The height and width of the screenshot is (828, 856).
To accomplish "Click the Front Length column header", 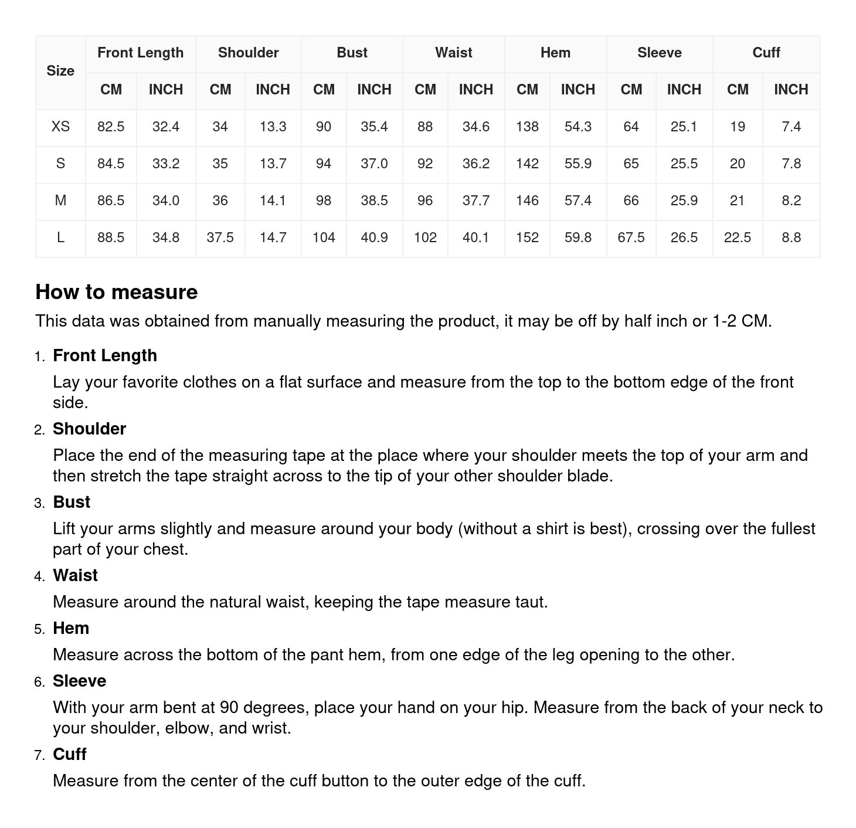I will (x=140, y=53).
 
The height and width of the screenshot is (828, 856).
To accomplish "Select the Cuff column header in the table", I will (x=766, y=53).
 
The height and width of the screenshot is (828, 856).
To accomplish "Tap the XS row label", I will (x=60, y=127).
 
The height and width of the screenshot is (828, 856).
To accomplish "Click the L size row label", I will (x=60, y=237).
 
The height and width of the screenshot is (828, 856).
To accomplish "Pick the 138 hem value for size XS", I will (x=527, y=127).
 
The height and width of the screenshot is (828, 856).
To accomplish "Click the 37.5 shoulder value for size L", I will (x=220, y=237).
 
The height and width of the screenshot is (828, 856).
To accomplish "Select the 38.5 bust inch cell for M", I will (x=374, y=201).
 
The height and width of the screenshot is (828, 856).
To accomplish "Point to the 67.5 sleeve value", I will (x=631, y=237).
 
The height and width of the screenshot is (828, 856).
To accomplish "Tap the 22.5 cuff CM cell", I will (x=737, y=237).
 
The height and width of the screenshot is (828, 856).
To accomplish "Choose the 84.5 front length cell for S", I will (x=111, y=164).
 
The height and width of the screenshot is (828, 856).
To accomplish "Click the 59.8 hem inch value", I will (x=578, y=237).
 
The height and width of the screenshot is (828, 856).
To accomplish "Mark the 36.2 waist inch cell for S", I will (x=475, y=164).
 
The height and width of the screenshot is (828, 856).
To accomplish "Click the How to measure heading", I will (x=117, y=292).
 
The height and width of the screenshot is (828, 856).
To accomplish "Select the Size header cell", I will (x=60, y=71).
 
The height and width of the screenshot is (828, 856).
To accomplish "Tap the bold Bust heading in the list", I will (x=72, y=503).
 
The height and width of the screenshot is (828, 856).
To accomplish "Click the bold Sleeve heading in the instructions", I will (x=79, y=681).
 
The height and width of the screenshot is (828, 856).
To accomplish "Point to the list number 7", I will (x=39, y=755).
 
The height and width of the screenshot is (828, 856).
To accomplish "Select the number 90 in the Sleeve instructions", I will (x=229, y=708).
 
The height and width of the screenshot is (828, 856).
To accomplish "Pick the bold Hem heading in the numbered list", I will (x=71, y=629).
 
